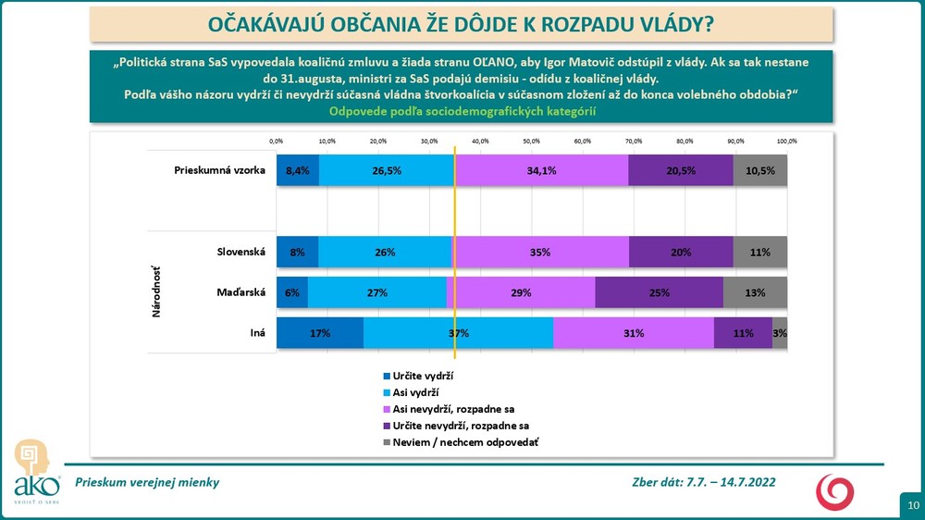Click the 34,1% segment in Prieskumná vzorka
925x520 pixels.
[x=541, y=170]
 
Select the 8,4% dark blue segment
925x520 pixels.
[x=298, y=170]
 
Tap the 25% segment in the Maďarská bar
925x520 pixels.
[x=659, y=292]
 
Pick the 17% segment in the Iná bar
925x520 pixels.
[x=320, y=333]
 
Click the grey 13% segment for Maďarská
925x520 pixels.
[x=755, y=292]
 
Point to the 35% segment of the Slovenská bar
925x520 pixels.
[x=541, y=252]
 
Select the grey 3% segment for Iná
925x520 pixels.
[x=780, y=333]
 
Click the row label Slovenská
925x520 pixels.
[x=240, y=252]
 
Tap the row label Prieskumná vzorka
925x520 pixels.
[x=220, y=170]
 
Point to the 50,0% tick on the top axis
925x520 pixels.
[x=531, y=141]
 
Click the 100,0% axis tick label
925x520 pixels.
[x=786, y=141]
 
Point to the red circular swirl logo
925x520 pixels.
[x=834, y=490]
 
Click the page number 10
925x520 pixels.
[x=912, y=505]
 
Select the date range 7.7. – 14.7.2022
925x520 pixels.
[x=728, y=482]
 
